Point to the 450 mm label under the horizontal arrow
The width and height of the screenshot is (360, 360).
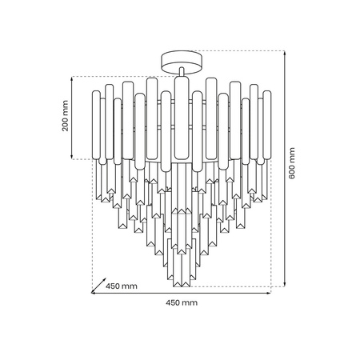pyautogui.click(x=182, y=303)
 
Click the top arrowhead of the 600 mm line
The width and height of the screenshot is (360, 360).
pyautogui.click(x=284, y=51)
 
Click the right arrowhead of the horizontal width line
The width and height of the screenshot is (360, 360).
pyautogui.click(x=269, y=294)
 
